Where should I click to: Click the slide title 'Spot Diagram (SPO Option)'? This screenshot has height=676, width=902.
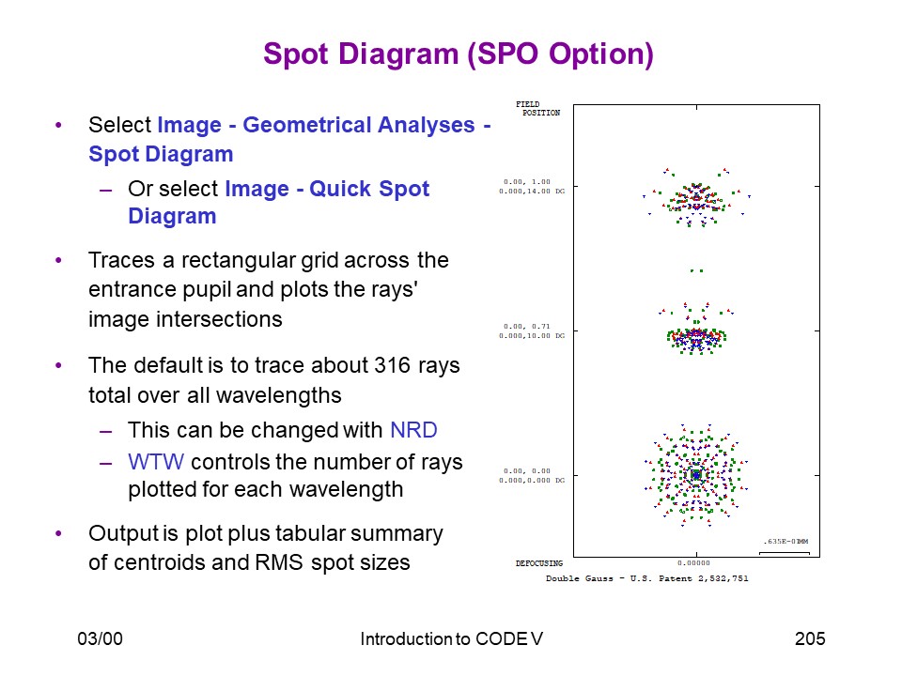pos(459,54)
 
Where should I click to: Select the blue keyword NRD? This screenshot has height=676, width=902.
pos(413,430)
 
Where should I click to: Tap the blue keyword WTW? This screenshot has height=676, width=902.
pos(156,462)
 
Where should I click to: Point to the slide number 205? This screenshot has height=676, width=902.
pos(810,638)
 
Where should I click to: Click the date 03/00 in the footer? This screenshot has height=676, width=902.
pos(101,638)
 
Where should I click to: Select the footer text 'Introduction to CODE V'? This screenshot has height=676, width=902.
pos(452,638)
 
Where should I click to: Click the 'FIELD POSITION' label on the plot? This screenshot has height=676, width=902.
pos(537,109)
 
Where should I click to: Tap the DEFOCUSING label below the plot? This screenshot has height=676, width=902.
pos(539,563)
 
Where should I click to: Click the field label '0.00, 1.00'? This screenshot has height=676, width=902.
pos(527,181)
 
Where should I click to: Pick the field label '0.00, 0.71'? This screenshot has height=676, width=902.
pos(527,327)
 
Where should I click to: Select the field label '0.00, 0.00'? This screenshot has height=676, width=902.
pos(527,471)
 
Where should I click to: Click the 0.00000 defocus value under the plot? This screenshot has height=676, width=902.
pos(693,563)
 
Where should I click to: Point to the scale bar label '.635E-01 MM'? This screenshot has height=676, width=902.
pos(785,542)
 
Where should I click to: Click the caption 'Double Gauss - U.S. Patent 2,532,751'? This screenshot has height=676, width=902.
pos(647,578)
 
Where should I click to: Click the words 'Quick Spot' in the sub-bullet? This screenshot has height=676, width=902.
pos(369,189)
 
